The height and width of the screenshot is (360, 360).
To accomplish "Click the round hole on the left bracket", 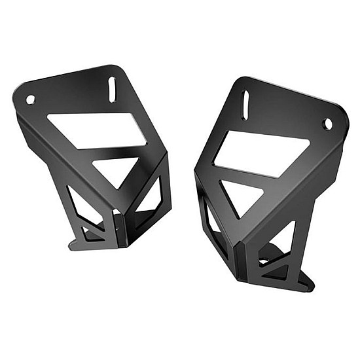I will pos(30,99).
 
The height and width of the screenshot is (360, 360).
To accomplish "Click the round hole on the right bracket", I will pos(327,124).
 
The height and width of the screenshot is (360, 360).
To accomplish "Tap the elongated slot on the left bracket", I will pos(113,86).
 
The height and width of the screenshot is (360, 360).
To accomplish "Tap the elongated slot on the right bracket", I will pos(245,105).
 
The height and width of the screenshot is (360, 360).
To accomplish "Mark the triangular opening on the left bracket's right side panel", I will pos(156,196).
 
